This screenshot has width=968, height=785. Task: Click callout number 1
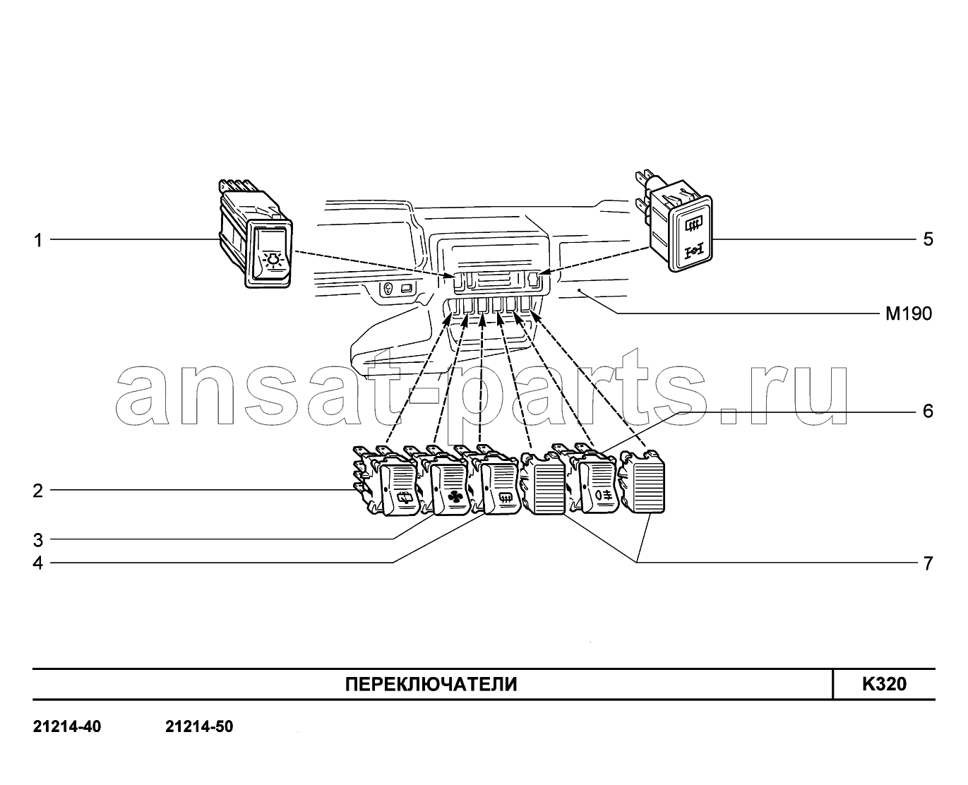(x=38, y=240)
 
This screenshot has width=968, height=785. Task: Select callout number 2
(x=37, y=491)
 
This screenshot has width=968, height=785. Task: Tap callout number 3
(x=37, y=540)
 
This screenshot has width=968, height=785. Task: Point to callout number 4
(x=37, y=563)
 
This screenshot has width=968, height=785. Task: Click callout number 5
(x=928, y=239)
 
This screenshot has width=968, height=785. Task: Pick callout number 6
(x=928, y=411)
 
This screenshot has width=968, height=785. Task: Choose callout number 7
(x=928, y=563)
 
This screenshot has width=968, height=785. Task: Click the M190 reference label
(x=909, y=313)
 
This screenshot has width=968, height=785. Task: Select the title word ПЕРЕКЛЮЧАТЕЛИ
(x=431, y=684)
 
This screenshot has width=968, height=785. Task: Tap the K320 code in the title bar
(x=885, y=683)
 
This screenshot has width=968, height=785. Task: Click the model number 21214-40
(x=67, y=727)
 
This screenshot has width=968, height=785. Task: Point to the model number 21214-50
(x=199, y=727)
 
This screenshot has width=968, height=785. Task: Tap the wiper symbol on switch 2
(x=405, y=499)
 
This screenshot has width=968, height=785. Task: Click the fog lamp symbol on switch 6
(x=602, y=494)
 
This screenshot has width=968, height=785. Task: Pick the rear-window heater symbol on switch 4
(x=505, y=498)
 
